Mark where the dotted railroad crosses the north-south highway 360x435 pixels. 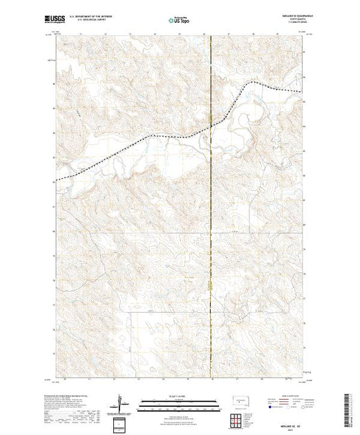click(210, 128)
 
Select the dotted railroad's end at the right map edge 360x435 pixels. click(302, 92)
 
